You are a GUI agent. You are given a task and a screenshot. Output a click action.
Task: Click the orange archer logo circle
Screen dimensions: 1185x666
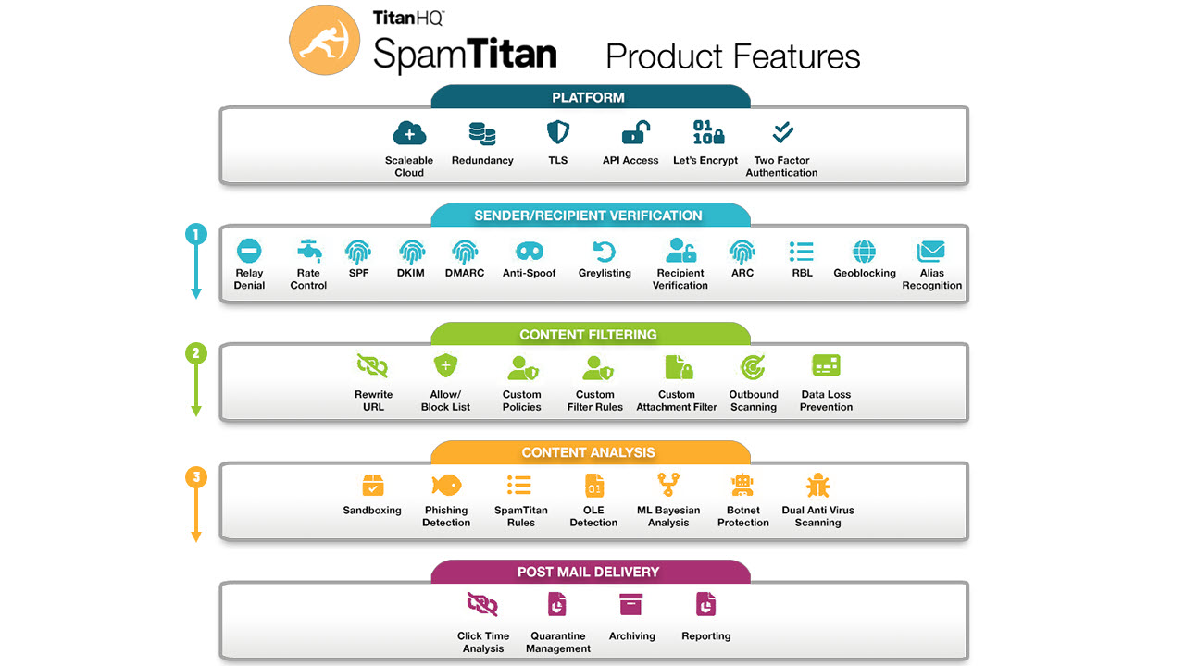coord(324,40)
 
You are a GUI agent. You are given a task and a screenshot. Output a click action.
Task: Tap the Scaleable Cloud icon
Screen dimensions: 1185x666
coord(409,132)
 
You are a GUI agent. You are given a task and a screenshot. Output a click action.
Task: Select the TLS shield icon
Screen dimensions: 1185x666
coord(558,132)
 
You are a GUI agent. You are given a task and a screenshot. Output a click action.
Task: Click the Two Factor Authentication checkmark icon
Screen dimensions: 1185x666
coord(782,132)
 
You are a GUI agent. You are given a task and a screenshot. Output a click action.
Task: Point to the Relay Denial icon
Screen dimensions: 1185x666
coord(249,251)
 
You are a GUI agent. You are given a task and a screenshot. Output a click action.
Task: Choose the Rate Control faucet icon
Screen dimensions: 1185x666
coord(309,251)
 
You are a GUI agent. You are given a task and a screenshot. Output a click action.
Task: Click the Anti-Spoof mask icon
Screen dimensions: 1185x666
coord(529,251)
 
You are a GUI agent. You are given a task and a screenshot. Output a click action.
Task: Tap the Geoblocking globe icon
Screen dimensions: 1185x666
coord(865,251)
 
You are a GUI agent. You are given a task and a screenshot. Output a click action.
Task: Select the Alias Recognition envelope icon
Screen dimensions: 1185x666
coord(931,251)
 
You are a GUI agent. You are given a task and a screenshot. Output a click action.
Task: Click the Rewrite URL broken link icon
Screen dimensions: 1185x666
coord(372,365)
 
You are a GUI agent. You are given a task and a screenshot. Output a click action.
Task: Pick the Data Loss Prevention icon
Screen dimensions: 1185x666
coord(826,365)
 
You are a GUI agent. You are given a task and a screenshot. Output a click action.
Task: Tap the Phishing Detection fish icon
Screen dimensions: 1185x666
coord(446,485)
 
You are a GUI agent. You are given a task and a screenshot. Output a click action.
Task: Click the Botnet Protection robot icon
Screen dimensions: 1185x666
coord(742,485)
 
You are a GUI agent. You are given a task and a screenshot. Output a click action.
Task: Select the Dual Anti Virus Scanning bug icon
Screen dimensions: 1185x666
coord(817,486)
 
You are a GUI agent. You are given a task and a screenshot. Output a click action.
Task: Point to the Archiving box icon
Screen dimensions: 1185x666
coord(631,605)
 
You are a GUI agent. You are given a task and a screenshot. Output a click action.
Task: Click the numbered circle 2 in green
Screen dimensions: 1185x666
coord(195,353)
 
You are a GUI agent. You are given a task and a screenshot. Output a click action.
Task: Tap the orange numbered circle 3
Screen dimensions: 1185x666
coord(195,477)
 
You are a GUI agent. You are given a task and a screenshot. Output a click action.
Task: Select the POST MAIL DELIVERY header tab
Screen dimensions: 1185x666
coord(591,572)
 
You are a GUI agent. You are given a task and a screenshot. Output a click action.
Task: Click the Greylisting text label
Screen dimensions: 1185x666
coord(605,273)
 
